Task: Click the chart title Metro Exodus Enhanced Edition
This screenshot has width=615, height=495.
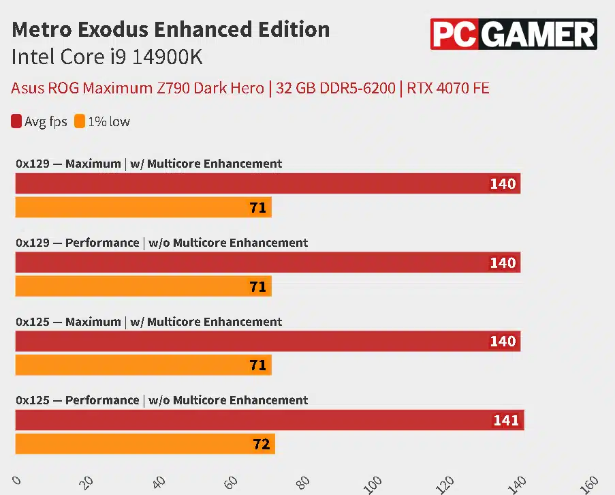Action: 171,30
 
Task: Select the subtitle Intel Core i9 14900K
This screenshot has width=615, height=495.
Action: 107,57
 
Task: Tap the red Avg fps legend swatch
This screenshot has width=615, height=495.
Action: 17,122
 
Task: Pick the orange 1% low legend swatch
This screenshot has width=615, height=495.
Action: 80,122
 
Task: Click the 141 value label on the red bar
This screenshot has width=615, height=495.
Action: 505,421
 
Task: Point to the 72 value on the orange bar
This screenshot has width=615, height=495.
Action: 261,445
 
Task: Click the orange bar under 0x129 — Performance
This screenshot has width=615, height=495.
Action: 143,286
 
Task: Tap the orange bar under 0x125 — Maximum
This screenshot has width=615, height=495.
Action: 143,365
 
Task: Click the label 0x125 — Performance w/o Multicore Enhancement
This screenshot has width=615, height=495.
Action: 161,400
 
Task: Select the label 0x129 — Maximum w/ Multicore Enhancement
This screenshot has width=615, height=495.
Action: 148,164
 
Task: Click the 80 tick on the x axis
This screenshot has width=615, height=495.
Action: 302,482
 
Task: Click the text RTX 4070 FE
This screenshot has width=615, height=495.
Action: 448,88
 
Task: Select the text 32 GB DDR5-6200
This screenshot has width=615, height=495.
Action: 334,88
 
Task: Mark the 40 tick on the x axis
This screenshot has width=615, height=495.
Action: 159,482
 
